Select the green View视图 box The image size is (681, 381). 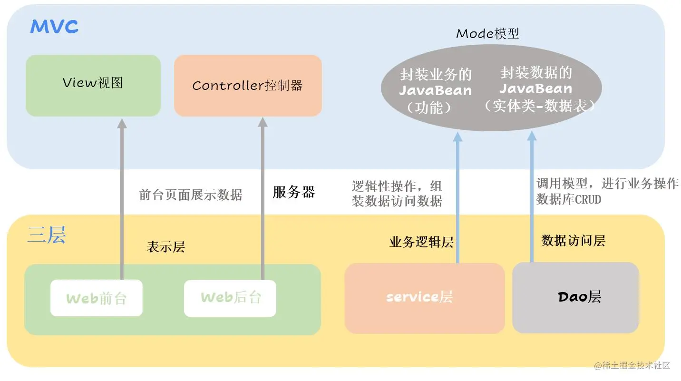tap(93, 85)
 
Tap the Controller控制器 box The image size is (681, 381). tap(248, 86)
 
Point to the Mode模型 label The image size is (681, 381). tap(487, 34)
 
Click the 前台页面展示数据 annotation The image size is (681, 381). tap(191, 195)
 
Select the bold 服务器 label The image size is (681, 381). tap(293, 192)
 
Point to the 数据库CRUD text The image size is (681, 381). tap(569, 199)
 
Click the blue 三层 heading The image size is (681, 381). tap(46, 235)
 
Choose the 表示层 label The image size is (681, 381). tap(165, 247)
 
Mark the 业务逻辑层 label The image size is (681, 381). tap(421, 242)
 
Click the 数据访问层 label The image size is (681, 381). tap(573, 241)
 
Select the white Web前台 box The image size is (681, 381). tap(97, 298)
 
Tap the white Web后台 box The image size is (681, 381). tap(230, 298)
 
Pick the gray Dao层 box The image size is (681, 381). tap(575, 297)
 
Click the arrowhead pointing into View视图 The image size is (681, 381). tap(122, 124)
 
